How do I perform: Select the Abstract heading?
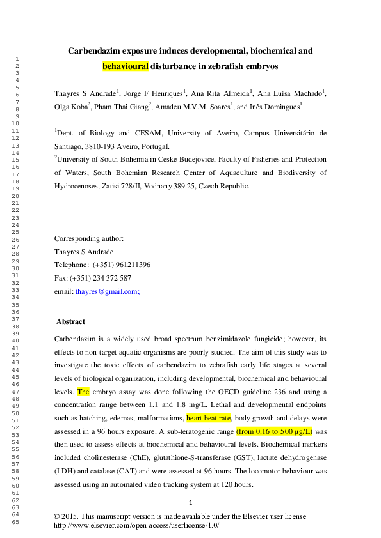(70, 321)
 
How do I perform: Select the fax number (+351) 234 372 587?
(101, 278)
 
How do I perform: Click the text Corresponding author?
(89, 238)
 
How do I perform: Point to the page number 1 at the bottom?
(191, 503)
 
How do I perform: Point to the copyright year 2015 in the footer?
(72, 516)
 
